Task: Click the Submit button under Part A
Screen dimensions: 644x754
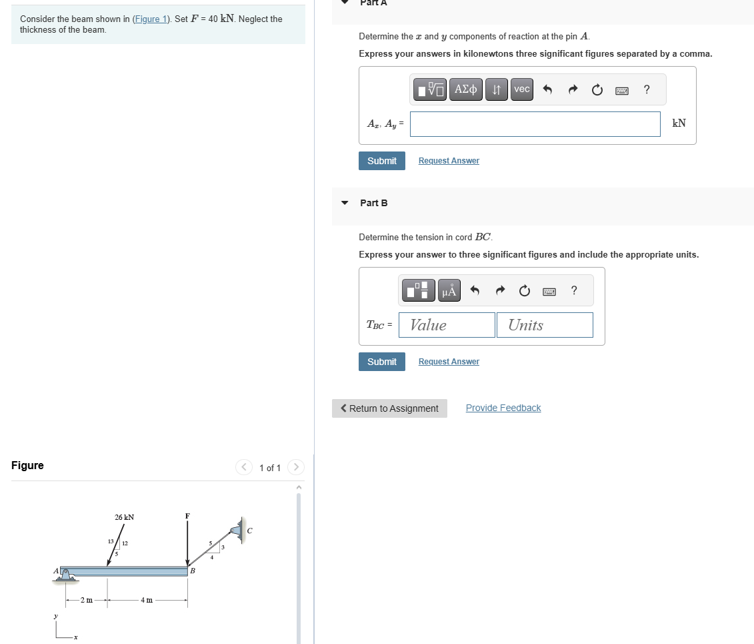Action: (381, 161)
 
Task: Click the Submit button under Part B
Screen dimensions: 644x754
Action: (381, 362)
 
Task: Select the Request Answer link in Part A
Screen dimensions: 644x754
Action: (449, 161)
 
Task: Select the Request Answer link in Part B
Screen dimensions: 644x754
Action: (449, 362)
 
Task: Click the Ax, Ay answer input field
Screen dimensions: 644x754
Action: (535, 124)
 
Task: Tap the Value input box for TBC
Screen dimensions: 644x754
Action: (447, 325)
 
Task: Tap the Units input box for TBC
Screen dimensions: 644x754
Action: (544, 325)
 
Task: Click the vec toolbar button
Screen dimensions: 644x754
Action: (522, 89)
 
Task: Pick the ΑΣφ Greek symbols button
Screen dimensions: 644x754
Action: (465, 89)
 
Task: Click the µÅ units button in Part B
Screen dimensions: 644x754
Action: (449, 290)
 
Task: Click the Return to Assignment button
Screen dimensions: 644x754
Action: (389, 408)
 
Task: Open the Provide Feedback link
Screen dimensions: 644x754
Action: (503, 408)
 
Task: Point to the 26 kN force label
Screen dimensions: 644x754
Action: (124, 517)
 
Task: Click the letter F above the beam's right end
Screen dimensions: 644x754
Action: (187, 516)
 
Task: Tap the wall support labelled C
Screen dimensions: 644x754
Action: (238, 531)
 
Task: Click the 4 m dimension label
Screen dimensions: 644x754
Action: (147, 600)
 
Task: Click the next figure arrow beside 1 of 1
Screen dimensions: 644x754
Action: (297, 467)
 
